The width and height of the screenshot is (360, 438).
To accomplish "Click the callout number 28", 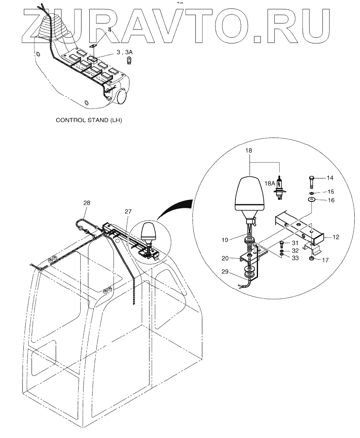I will pos(86,203).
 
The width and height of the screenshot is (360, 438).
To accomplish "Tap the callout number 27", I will pos(128,212).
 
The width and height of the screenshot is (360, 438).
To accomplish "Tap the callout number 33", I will pos(295,258).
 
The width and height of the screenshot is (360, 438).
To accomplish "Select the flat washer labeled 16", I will pos(312,200).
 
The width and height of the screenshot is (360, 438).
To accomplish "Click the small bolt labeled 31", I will pos(283,245).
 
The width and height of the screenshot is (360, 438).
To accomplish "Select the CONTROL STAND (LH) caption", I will pos(89,120).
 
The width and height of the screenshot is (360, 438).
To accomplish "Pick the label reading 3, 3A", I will pos(125,52).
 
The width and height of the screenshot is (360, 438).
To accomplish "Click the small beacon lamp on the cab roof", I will pos(149,233).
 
